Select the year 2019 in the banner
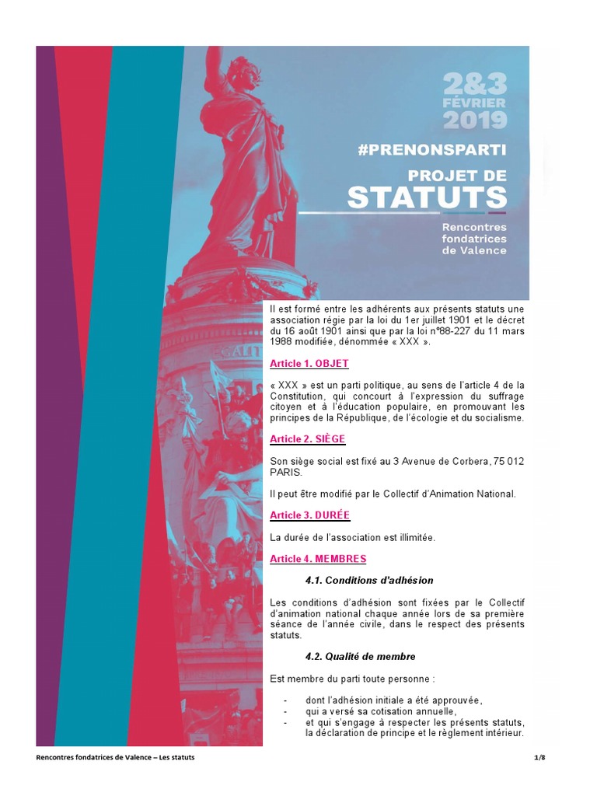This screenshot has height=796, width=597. coord(475,120)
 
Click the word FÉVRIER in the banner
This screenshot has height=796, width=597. coord(475,102)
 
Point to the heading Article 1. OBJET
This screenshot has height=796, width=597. coord(309,364)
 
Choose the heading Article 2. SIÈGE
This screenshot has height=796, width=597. coord(308,439)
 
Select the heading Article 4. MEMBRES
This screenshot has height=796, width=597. coord(318,559)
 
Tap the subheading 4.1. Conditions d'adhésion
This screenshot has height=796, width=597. coord(369,580)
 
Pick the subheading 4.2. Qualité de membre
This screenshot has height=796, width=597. coord(361,656)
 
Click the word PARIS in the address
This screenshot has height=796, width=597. coord(285,472)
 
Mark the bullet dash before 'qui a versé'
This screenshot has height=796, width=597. coord(285,711)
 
